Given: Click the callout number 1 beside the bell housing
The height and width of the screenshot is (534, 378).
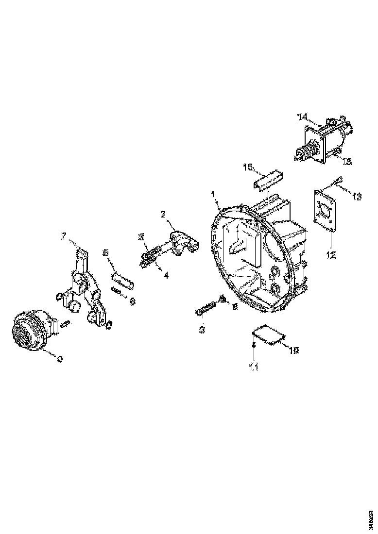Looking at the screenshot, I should pyautogui.click(x=213, y=194).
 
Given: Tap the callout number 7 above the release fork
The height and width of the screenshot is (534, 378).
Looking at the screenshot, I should pyautogui.click(x=63, y=236).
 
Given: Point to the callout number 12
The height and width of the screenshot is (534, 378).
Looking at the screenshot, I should pyautogui.click(x=331, y=254).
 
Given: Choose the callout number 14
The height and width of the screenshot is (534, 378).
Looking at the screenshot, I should pyautogui.click(x=303, y=117).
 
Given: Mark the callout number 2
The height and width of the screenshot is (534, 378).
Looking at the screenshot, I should pyautogui.click(x=164, y=214).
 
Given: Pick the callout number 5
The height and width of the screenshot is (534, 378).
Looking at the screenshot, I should pyautogui.click(x=106, y=252).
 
